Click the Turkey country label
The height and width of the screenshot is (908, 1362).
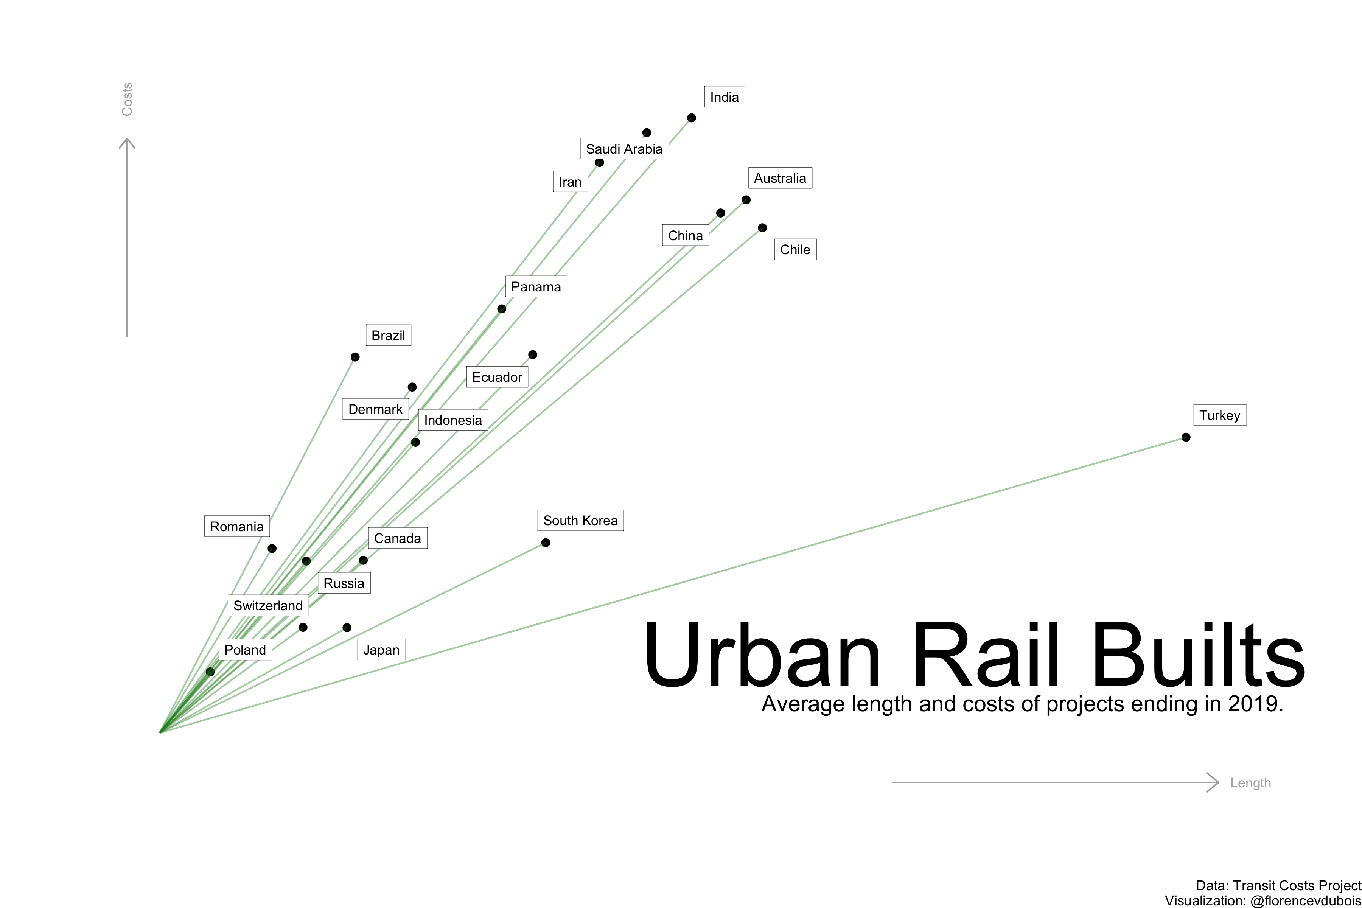1219,415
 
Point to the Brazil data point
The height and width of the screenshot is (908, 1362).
355,357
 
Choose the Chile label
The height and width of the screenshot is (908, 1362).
795,250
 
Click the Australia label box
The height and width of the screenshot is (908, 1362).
780,178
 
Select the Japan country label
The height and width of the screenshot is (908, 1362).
381,650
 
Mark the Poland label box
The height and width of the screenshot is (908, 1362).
245,650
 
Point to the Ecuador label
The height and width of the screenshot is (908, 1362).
497,377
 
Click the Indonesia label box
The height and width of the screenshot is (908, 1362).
453,420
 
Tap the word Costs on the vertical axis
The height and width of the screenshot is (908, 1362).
127,99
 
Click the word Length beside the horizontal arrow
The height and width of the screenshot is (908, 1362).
1250,783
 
